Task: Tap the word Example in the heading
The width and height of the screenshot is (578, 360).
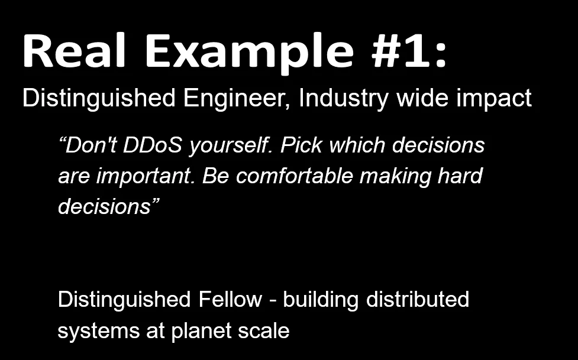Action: point(250,53)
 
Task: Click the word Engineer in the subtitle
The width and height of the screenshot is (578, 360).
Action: point(236,99)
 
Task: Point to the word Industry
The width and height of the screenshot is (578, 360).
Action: point(343,99)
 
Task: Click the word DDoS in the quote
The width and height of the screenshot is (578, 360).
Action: point(153,145)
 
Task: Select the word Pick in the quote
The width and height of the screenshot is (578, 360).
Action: point(301,145)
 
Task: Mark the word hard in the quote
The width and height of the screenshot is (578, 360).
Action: point(460,176)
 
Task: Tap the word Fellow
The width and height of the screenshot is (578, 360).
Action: point(230,299)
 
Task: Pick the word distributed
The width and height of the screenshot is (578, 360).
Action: point(418,299)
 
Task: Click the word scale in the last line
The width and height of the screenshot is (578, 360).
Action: point(264,330)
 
